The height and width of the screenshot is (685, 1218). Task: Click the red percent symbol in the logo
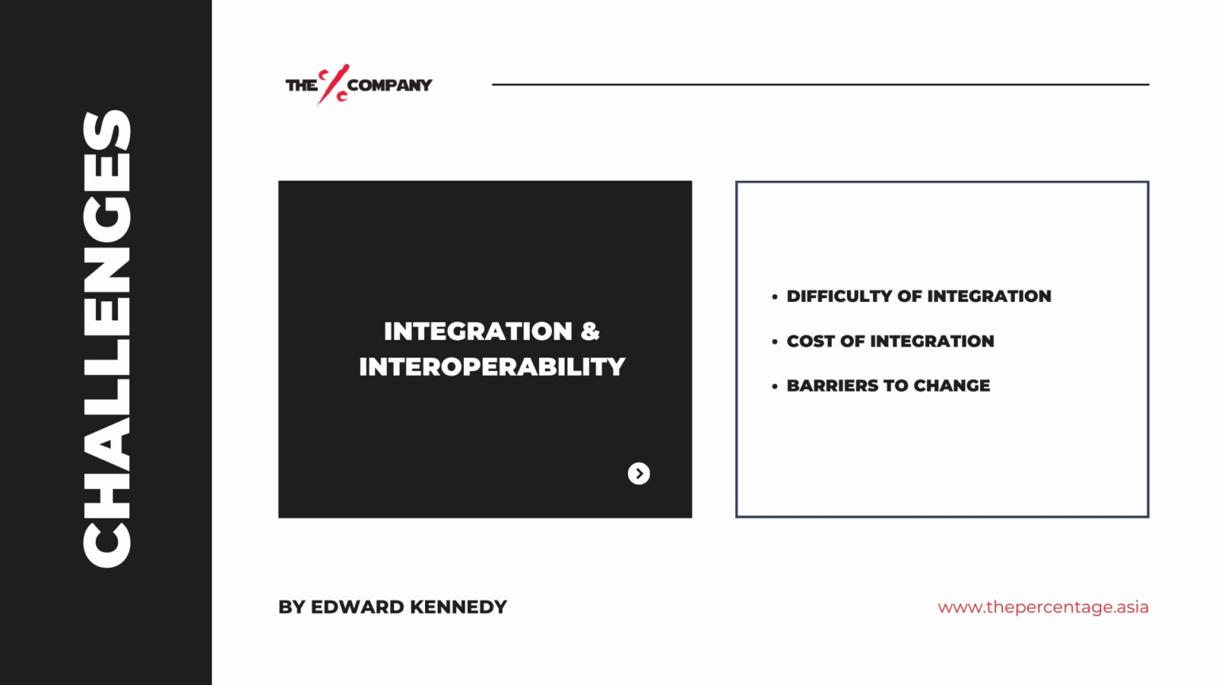coord(333,84)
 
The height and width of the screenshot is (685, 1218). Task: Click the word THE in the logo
coord(301,86)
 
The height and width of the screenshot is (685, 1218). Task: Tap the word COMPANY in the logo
coord(390,86)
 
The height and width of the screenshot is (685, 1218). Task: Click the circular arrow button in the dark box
coord(639,473)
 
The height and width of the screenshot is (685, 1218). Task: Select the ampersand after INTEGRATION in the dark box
coord(590,331)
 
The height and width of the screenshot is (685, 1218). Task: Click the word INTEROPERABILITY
coord(492,367)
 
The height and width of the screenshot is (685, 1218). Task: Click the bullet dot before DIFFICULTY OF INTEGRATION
coord(774,297)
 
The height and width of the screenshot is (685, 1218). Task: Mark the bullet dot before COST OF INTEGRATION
coord(774,342)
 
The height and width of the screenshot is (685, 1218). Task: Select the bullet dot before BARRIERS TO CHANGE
coord(774,387)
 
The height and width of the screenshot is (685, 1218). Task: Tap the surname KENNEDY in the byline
coord(458,607)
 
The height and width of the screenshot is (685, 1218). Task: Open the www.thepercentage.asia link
coord(1043,607)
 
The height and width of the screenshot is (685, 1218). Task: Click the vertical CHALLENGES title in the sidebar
coord(106,339)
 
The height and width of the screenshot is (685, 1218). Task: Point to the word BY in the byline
coord(292,607)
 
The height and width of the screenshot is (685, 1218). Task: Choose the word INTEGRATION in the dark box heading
coord(478,331)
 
